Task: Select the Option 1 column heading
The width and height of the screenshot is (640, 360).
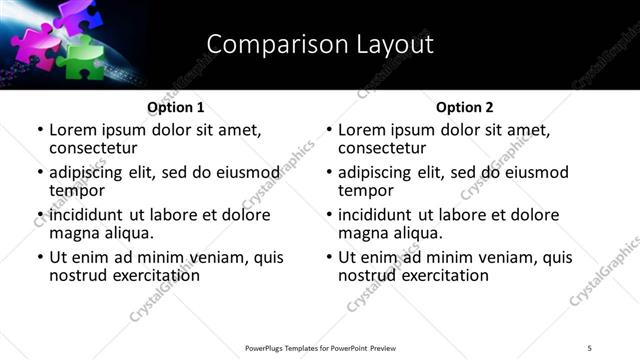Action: [175, 107]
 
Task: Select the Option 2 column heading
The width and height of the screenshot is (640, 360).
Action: [464, 107]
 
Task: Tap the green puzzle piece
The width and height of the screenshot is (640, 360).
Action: [82, 57]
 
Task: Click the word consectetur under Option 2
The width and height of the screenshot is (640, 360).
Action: [382, 148]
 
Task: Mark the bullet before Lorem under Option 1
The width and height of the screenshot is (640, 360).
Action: [40, 130]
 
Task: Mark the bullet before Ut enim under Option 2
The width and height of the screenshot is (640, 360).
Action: [329, 257]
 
